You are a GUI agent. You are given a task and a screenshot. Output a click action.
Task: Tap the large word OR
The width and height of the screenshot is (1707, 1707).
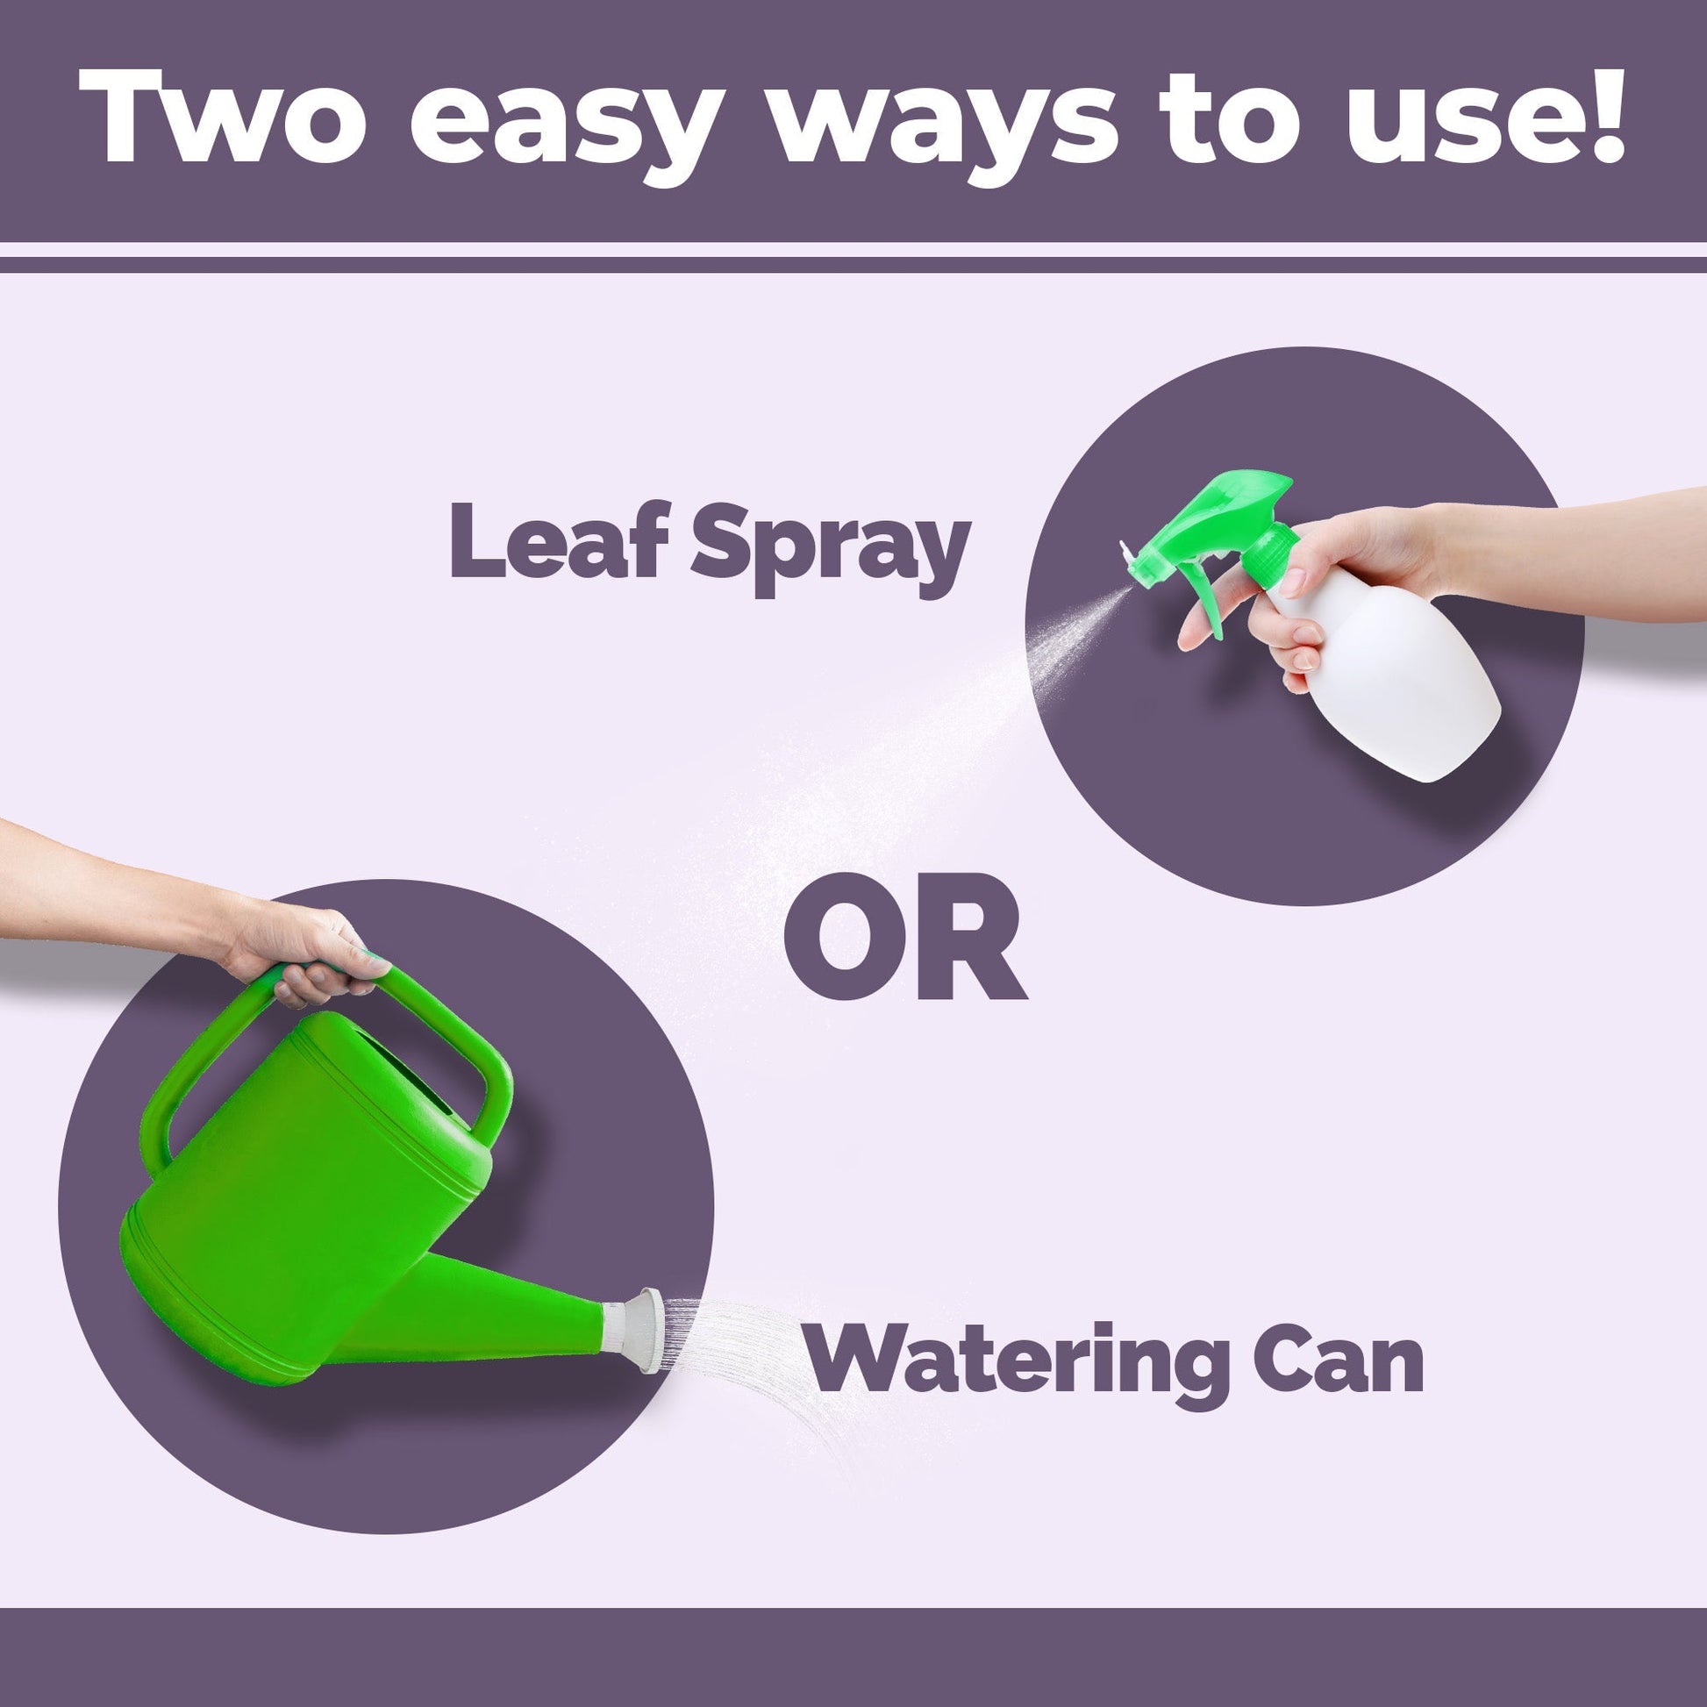905,938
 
